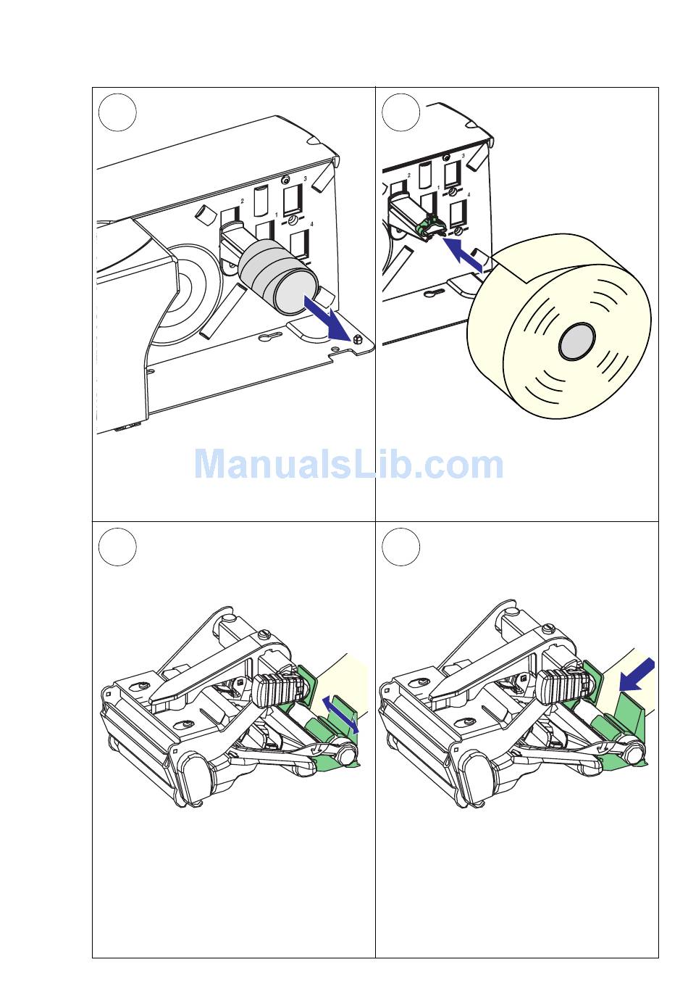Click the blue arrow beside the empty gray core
[x=327, y=320]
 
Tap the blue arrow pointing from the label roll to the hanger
[x=462, y=255]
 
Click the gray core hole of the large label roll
[x=576, y=341]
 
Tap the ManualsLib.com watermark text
[x=348, y=465]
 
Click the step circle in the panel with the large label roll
[x=400, y=112]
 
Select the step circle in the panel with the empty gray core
[x=117, y=112]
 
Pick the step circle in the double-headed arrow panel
[x=117, y=547]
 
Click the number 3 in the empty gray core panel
[x=305, y=178]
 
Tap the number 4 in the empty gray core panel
[x=311, y=225]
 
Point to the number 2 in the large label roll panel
[x=409, y=175]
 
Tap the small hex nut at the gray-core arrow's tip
[x=356, y=340]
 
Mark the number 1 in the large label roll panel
[x=438, y=188]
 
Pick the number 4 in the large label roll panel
[x=469, y=195]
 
